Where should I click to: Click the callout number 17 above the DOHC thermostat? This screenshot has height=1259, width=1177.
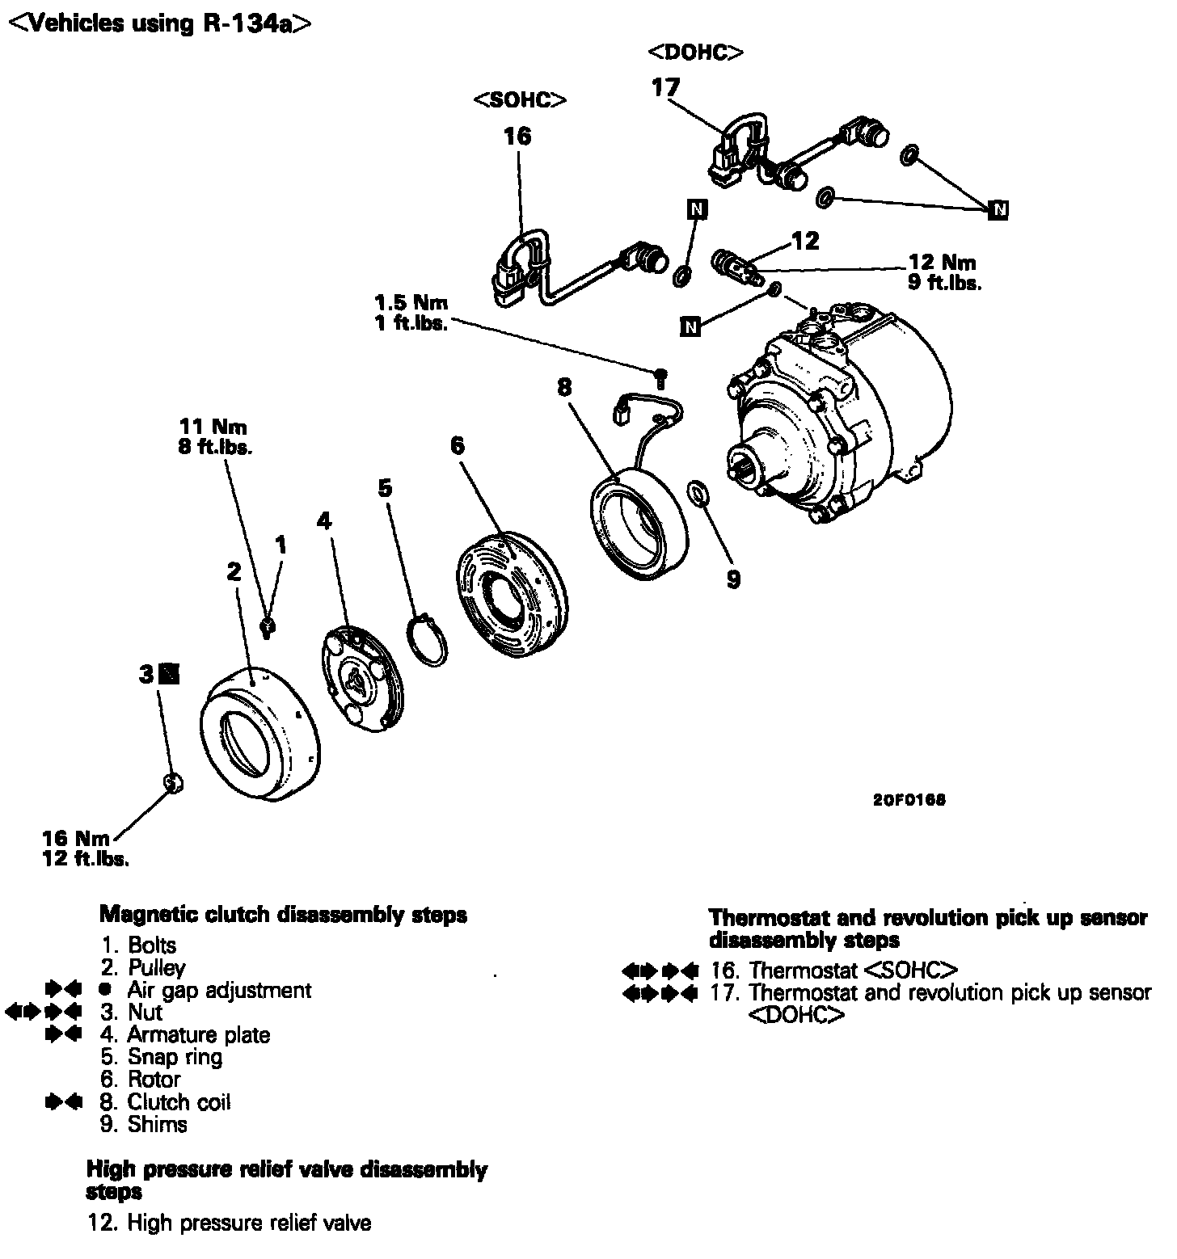(666, 87)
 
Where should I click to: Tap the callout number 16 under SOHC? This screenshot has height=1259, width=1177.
(517, 136)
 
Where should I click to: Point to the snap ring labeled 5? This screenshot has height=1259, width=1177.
(426, 642)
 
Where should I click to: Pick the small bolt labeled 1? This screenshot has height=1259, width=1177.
(268, 626)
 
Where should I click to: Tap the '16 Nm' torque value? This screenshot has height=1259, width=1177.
(76, 839)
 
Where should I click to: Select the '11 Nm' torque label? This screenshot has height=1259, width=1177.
(213, 426)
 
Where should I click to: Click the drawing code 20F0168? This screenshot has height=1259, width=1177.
(909, 800)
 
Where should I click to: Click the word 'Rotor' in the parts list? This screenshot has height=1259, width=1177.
(154, 1080)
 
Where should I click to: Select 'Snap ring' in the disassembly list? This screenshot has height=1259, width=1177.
(175, 1057)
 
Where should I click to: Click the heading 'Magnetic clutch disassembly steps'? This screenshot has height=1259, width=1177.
(283, 915)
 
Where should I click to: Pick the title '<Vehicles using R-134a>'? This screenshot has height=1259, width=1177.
(159, 24)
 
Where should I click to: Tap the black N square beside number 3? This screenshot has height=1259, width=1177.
(170, 673)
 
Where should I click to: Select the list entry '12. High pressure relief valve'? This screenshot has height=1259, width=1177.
(230, 1223)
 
